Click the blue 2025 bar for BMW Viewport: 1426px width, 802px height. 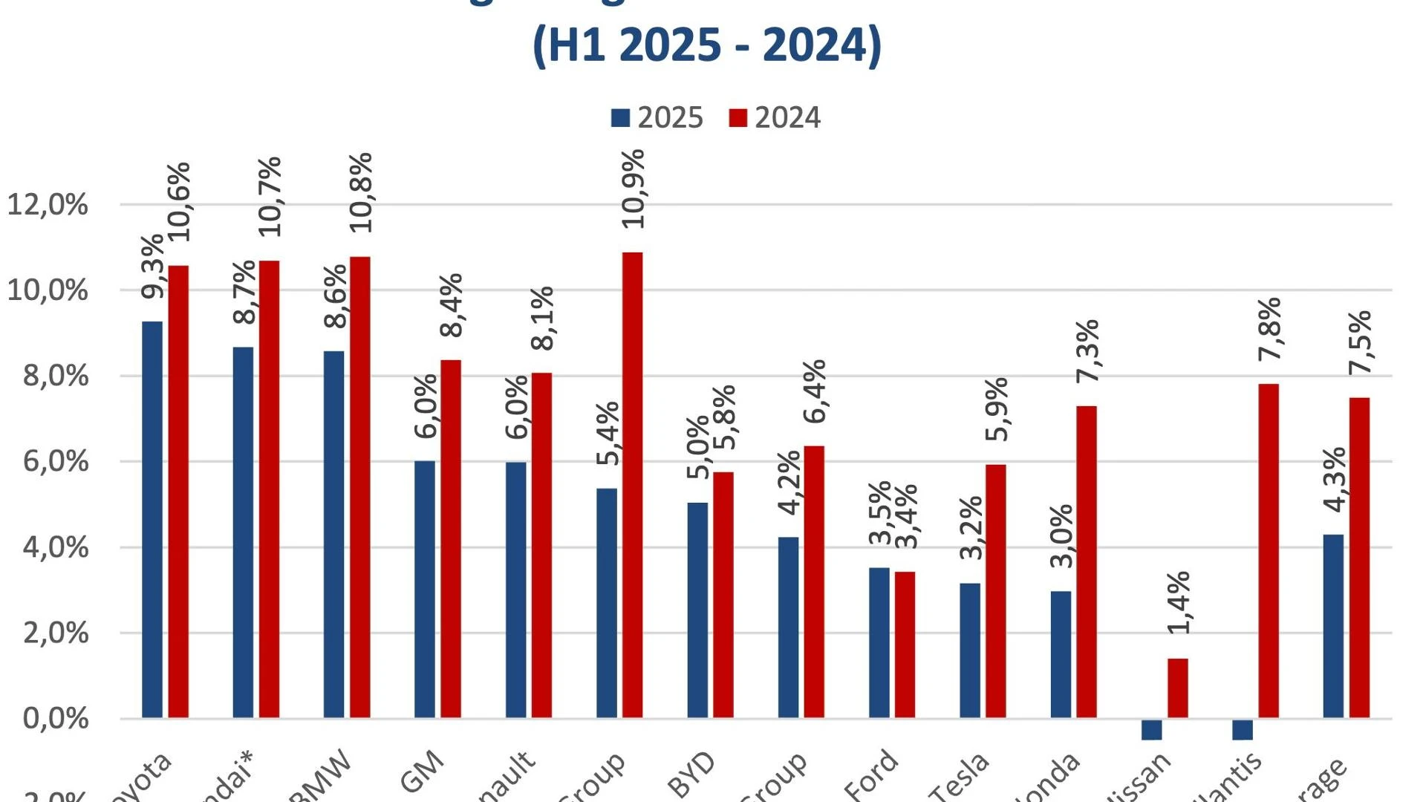(333, 534)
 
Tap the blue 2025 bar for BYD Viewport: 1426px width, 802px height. (697, 610)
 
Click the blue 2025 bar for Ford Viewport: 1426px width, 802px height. (879, 642)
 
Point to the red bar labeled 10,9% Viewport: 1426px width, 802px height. (633, 485)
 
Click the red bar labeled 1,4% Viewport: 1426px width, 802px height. (1177, 688)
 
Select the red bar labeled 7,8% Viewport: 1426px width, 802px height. (1269, 550)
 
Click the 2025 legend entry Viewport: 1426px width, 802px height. (657, 118)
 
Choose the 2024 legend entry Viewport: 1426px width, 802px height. (775, 118)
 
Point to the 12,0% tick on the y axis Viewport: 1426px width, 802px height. (48, 204)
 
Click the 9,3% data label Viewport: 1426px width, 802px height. (152, 267)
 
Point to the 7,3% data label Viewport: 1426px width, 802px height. (1087, 351)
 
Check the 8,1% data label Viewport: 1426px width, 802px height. (542, 318)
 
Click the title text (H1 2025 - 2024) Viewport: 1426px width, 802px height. (706, 45)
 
